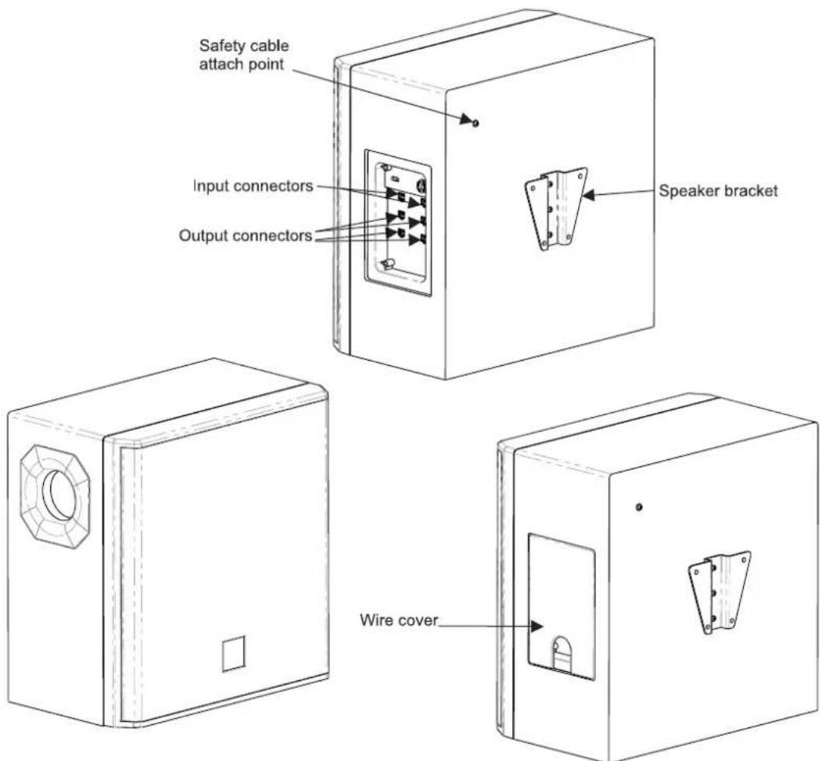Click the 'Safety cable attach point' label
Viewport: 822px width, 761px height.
click(x=244, y=55)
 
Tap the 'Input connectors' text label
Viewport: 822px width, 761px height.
click(x=253, y=186)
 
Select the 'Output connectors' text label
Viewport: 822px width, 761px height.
click(x=246, y=235)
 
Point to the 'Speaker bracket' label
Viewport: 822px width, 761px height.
click(x=718, y=191)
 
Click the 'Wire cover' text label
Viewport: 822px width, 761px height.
click(x=399, y=620)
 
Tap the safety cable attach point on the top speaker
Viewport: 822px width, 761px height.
click(x=476, y=123)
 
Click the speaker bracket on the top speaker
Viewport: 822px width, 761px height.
click(x=556, y=208)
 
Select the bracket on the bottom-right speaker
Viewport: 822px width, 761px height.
click(x=719, y=592)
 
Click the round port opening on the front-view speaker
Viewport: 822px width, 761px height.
click(x=59, y=495)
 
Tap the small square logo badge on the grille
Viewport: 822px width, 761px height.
click(x=233, y=654)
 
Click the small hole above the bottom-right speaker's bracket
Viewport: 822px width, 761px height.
click(x=638, y=507)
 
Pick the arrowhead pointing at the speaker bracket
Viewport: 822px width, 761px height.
click(x=589, y=195)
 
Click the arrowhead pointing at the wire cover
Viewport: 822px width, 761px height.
click(x=537, y=626)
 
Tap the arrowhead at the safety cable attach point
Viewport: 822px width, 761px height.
click(x=466, y=118)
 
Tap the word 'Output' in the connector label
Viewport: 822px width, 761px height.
click(x=203, y=236)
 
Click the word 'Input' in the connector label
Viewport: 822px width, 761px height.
click(x=210, y=187)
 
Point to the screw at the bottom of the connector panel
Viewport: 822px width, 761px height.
click(x=389, y=264)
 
